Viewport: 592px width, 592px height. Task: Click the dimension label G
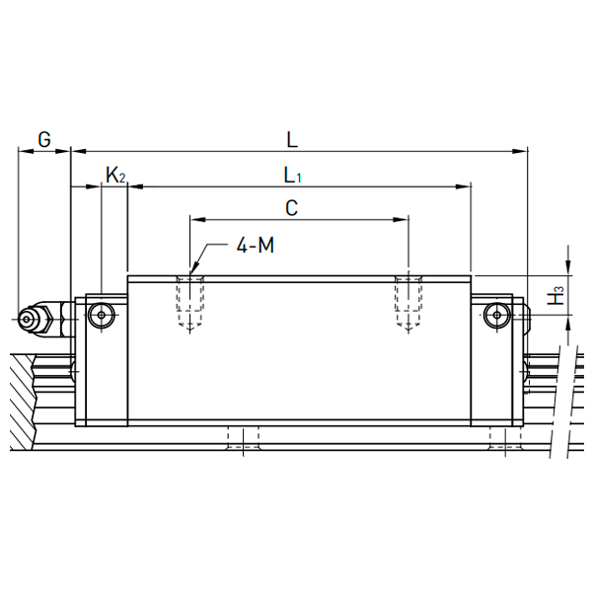(44, 139)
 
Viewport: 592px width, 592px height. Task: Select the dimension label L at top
(292, 140)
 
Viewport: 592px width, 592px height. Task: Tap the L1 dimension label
(293, 176)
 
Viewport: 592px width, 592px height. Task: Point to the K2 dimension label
(115, 176)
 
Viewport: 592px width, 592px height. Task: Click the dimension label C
(291, 208)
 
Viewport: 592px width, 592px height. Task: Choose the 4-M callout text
(256, 246)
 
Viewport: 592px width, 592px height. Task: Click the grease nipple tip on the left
(26, 319)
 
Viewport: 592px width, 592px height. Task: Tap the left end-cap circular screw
(102, 315)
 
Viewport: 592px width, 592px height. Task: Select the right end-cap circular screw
(497, 315)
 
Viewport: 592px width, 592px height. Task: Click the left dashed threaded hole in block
(189, 301)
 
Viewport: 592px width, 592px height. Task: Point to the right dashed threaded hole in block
(408, 301)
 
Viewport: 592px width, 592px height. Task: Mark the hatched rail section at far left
(22, 402)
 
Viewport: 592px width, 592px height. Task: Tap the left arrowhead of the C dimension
(198, 219)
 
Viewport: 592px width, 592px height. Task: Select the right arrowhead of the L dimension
(519, 151)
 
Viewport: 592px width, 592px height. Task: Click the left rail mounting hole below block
(243, 437)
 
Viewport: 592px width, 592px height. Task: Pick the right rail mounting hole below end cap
(505, 437)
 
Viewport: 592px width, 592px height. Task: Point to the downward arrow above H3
(568, 264)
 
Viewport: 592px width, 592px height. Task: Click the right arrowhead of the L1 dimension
(464, 186)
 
